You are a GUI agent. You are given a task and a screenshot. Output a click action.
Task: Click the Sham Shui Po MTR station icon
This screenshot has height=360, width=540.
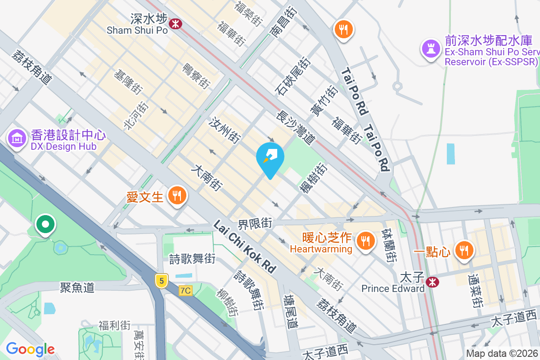point(175,22)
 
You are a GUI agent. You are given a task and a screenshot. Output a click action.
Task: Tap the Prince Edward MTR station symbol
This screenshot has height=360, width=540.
point(433,282)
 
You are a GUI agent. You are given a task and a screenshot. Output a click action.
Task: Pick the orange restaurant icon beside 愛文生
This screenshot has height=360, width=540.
point(177,196)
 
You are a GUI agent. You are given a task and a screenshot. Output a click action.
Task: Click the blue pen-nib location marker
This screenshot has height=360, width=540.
point(270,157)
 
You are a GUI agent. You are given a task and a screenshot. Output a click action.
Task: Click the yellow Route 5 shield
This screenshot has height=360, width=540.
point(162,281)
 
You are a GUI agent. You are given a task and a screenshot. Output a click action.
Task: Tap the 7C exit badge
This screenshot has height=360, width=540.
point(185,291)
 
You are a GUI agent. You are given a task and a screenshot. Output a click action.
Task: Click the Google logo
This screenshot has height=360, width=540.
point(30,349)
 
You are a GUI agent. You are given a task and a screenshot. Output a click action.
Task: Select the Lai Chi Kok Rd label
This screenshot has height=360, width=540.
point(245,246)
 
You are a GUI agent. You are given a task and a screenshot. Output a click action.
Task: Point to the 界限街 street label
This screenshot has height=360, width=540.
point(255,222)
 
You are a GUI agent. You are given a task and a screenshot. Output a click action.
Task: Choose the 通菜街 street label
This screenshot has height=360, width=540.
point(476,291)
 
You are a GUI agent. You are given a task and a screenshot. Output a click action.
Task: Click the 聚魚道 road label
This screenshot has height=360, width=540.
point(77,287)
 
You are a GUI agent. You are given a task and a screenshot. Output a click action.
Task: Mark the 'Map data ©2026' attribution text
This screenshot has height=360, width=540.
point(502,353)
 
